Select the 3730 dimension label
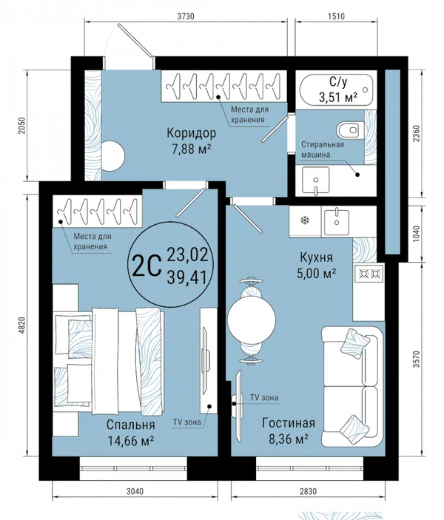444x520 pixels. [186, 16]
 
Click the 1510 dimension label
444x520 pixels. [336, 16]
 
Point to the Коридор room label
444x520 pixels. [192, 133]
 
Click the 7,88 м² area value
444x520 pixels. [192, 149]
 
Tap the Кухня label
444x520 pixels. [316, 257]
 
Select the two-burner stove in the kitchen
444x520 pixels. [369, 273]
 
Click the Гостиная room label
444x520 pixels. [289, 423]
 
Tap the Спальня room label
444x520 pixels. [131, 425]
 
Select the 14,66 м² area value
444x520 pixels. [131, 441]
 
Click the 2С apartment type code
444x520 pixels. [147, 268]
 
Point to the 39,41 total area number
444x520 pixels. [188, 277]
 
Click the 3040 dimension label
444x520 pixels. [135, 491]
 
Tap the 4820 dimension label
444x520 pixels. [22, 326]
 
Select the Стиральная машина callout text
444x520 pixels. [323, 149]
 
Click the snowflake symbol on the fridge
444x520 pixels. [303, 220]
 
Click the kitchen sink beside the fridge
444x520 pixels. [337, 221]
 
